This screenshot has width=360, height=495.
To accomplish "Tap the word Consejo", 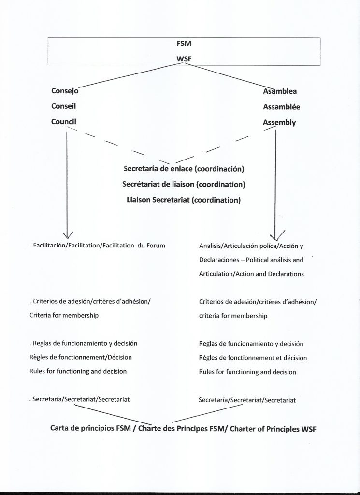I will [x=65, y=90].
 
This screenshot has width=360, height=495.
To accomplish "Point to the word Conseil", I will [x=64, y=106].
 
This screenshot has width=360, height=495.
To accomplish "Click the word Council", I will [x=64, y=122].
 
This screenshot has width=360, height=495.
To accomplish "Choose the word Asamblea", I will [x=280, y=91].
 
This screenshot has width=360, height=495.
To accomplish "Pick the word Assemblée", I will [x=281, y=107].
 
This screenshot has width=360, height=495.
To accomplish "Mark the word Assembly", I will [x=279, y=123].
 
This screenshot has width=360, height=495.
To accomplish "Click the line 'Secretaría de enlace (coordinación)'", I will [x=184, y=169].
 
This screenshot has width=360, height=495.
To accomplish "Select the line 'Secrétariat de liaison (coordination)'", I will [x=184, y=184].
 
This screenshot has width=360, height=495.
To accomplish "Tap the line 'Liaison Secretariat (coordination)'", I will [x=184, y=200].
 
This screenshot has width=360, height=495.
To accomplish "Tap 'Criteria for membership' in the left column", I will [x=64, y=315].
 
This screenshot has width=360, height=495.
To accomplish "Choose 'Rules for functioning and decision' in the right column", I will [x=247, y=372].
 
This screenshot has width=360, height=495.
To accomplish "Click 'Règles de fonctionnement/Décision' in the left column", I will [x=80, y=357].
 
